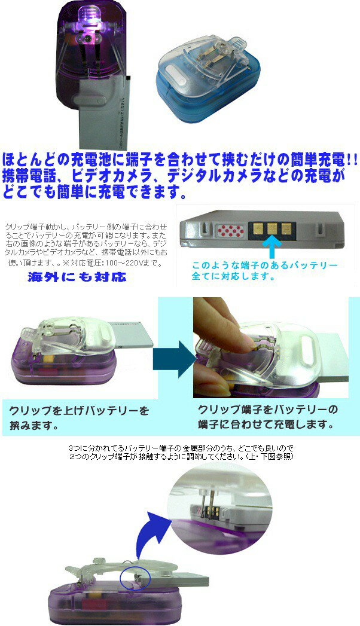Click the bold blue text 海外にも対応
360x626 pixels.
tap(78, 277)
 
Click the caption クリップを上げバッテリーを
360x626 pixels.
tap(78, 411)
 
